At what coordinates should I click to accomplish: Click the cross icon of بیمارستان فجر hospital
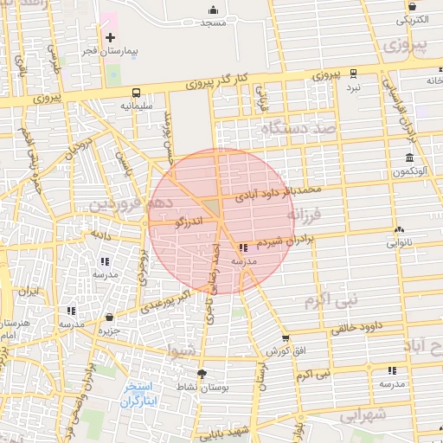pos(110,37)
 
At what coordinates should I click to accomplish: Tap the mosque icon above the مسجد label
pos(213,10)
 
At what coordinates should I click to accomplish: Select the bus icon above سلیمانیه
pos(136,93)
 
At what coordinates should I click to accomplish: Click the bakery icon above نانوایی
pos(398,230)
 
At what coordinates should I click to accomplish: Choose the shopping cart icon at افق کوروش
pos(286,338)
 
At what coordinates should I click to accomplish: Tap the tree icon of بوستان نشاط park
pos(202,374)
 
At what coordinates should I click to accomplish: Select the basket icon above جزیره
pos(109,318)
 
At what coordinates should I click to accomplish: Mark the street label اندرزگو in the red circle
pos(189,223)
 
